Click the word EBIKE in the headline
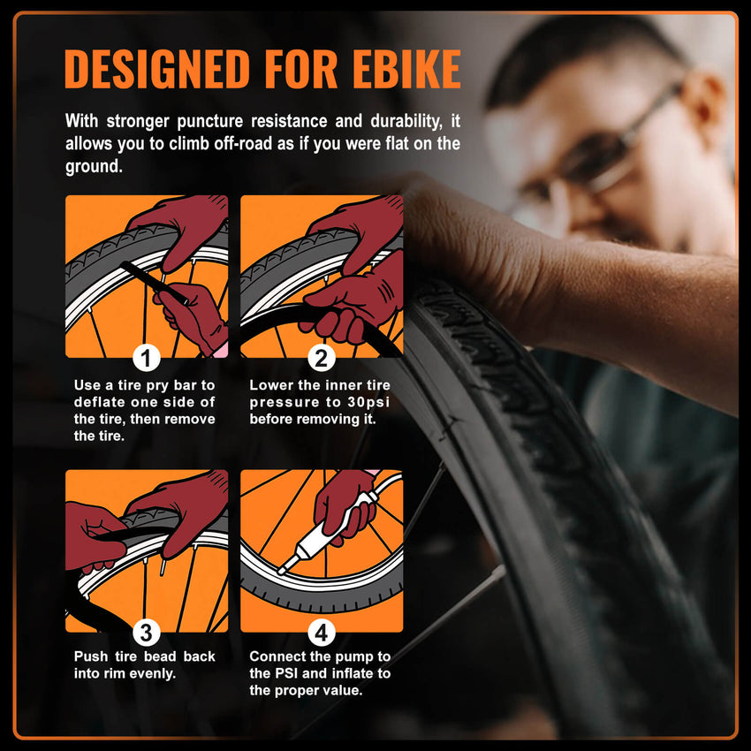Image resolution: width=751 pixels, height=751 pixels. point(406,69)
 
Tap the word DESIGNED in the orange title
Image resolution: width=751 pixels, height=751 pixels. point(157,69)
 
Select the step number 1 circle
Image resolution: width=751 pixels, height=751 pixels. point(146,358)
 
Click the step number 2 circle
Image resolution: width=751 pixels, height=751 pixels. point(322,358)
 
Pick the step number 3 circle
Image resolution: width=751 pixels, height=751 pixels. point(146,633)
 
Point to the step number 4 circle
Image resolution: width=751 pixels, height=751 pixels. point(322,633)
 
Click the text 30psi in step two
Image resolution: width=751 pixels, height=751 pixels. point(368,402)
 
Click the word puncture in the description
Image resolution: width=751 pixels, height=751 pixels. point(210,121)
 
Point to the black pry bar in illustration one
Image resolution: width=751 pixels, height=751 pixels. point(155,282)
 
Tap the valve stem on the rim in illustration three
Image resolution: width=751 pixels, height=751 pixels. point(163,565)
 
